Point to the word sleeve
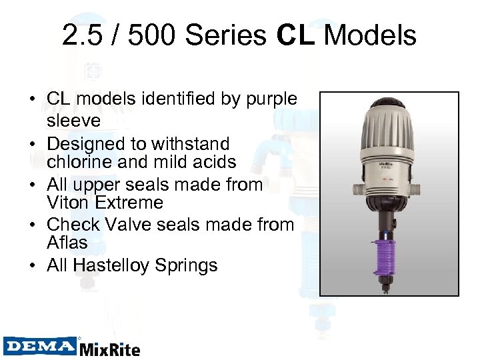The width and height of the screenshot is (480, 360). pos(73,120)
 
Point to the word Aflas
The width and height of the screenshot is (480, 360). pos(67,244)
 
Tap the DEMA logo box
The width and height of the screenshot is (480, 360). pos(39,345)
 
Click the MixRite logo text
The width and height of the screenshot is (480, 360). pos(109,348)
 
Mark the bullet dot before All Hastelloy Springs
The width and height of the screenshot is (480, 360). pos(31,265)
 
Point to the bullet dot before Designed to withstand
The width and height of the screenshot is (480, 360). pos(31,143)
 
